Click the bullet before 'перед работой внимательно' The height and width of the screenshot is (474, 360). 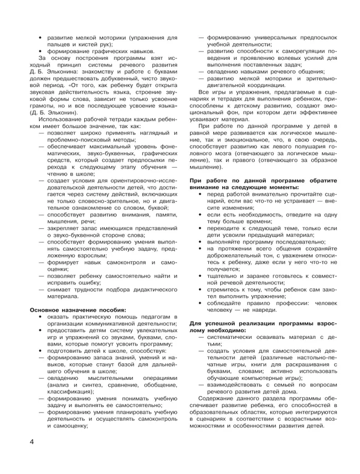point(202,195)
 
